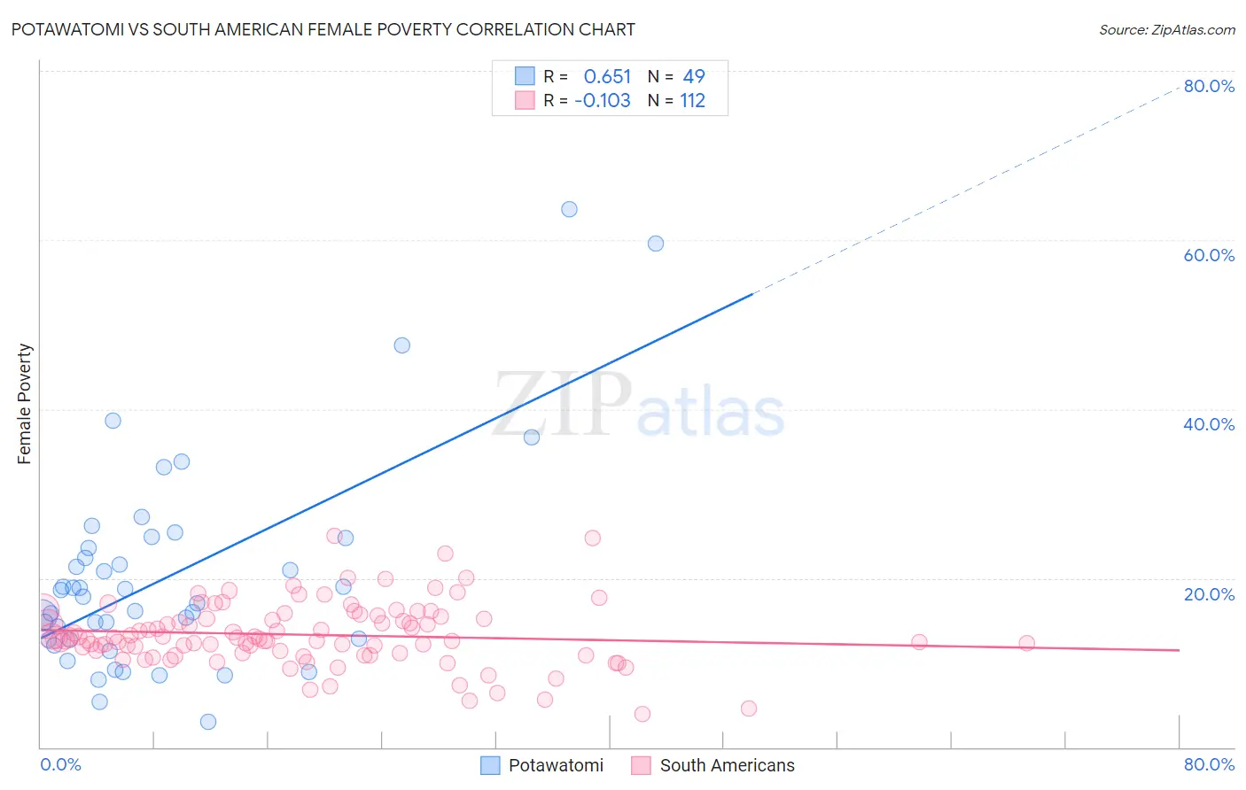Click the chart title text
(323, 29)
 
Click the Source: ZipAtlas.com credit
(1166, 29)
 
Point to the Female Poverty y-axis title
(24, 404)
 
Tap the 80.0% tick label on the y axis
(1209, 86)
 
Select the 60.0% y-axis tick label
(1209, 255)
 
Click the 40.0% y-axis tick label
(1209, 424)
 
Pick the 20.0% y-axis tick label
(1209, 594)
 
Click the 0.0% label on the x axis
(60, 764)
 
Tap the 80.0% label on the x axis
(1209, 764)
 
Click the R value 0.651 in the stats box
(607, 77)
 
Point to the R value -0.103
(603, 101)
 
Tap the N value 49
(694, 77)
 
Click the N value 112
(692, 101)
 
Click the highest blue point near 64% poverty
(569, 210)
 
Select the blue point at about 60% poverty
(656, 244)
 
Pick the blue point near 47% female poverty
(402, 345)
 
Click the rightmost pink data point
(1026, 643)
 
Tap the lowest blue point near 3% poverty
(208, 722)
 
